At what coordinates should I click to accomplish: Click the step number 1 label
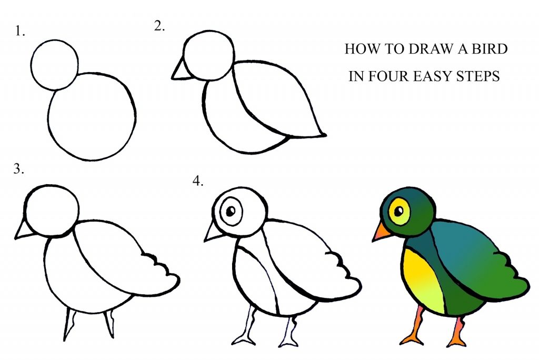(20, 32)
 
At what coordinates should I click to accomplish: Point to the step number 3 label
(19, 169)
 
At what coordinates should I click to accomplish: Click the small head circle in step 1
(55, 64)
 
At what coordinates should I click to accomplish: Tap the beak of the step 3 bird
(23, 229)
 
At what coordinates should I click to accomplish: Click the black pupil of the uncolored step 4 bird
(231, 212)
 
